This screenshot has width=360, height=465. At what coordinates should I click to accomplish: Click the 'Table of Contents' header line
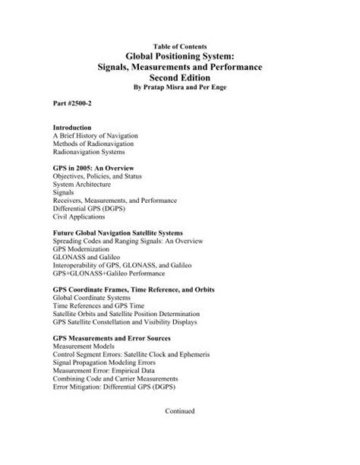click(179, 46)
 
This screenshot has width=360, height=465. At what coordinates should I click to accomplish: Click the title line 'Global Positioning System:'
click(179, 56)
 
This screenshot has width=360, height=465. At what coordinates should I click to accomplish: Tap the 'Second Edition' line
click(179, 78)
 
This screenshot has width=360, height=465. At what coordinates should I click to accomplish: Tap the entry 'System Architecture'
click(82, 184)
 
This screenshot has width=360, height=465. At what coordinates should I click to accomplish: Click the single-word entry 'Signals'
click(65, 192)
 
